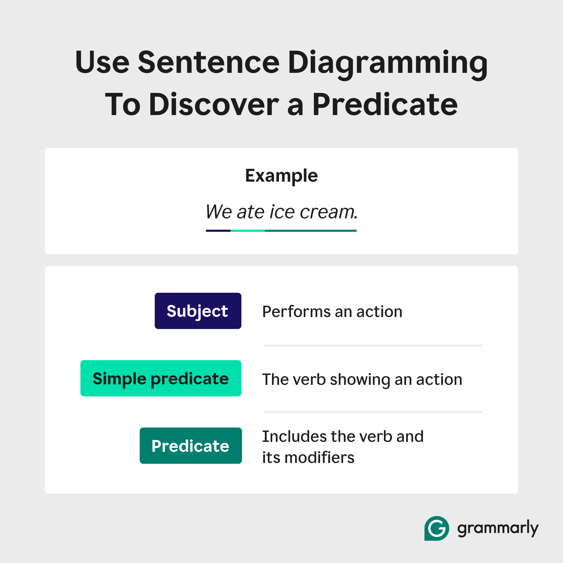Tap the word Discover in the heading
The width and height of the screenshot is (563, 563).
214,105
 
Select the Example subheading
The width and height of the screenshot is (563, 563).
281,176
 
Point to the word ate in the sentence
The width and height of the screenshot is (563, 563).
250,212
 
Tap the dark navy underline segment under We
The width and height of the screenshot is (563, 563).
218,231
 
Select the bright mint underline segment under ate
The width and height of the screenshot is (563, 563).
247,231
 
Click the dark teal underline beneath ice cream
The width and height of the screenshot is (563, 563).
310,231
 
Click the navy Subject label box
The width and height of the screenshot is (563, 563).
198,311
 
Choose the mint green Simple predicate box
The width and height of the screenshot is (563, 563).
161,379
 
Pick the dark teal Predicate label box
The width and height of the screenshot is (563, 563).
190,446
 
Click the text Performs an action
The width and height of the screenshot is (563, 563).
332,312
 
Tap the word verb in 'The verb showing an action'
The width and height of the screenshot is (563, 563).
309,380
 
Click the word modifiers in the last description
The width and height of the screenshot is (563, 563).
319,458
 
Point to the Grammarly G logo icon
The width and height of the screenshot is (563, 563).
436,528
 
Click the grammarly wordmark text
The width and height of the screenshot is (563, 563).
498,528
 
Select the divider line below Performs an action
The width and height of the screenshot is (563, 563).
373,346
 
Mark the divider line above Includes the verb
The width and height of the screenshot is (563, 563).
373,412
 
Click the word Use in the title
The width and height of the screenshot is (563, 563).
102,63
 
